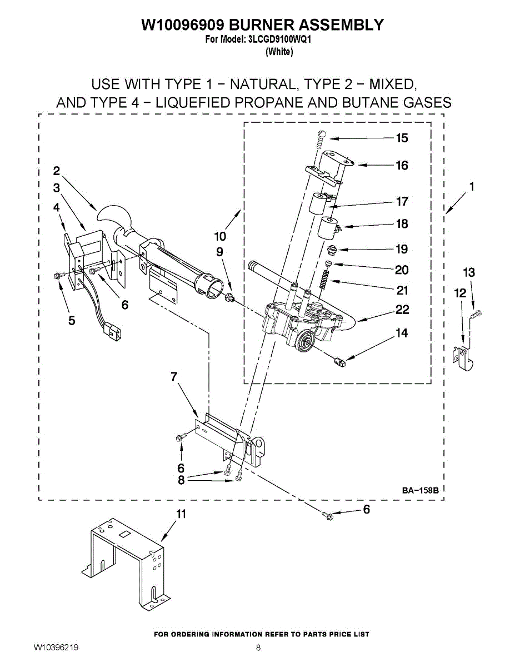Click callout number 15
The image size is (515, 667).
402,138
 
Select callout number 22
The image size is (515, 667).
402,310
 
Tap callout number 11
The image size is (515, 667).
181,514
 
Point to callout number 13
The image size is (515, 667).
469,272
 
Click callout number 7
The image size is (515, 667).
174,377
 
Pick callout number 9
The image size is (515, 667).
220,252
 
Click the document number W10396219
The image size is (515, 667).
56,648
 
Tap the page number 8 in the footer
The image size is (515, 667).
258,648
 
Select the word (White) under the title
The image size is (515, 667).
279,52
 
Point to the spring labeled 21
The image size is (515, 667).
324,278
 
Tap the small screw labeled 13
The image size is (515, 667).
474,315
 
